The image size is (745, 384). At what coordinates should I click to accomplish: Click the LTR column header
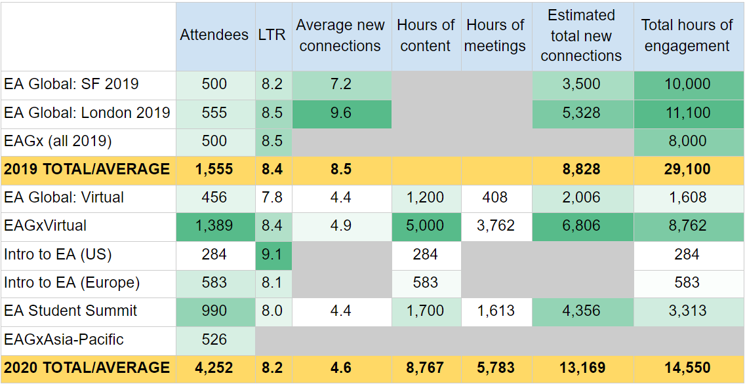(272, 35)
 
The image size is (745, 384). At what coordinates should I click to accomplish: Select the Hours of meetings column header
(495, 35)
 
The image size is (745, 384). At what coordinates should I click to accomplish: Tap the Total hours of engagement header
(687, 35)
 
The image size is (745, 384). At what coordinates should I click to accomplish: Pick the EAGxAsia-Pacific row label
(64, 339)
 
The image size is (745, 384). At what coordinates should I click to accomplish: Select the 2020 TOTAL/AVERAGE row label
(87, 368)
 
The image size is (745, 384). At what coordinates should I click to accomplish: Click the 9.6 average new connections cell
(340, 113)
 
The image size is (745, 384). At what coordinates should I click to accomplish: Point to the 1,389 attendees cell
(214, 226)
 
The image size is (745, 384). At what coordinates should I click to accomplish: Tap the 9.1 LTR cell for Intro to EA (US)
(272, 254)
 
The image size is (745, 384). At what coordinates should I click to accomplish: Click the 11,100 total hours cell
(687, 113)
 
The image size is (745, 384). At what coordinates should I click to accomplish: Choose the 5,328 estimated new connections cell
(581, 113)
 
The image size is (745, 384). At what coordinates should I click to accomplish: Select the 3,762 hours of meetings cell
(495, 226)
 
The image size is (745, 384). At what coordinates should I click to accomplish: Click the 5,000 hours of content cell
(426, 226)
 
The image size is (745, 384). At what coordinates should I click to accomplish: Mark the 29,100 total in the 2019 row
(687, 170)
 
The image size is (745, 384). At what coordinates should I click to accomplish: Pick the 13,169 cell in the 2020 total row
(581, 368)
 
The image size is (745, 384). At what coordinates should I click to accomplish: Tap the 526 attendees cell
(214, 339)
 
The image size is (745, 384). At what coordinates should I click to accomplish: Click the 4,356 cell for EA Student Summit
(581, 311)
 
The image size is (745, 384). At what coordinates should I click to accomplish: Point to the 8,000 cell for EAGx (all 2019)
(687, 141)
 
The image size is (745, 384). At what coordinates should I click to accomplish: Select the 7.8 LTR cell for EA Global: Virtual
(272, 198)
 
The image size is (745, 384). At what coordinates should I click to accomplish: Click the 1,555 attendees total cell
(214, 170)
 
